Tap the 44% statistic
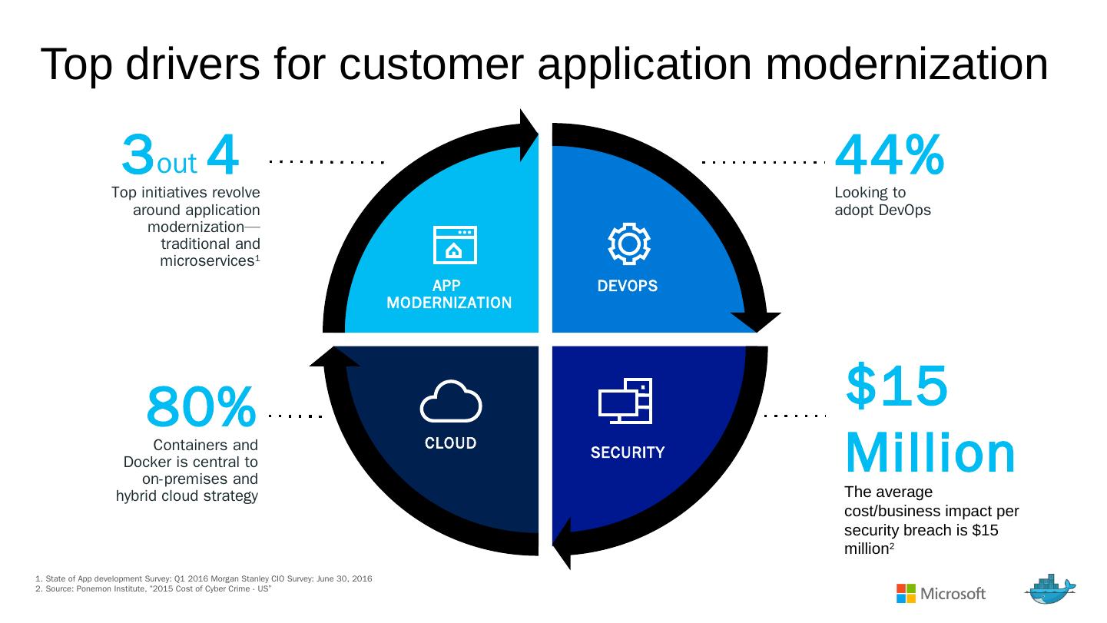889,155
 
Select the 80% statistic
201,407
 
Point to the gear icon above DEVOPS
628,244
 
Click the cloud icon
451,401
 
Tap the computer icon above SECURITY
625,401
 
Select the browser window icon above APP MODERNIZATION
455,245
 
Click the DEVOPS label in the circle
628,286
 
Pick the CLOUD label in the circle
451,443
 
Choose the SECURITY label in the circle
628,452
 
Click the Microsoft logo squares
906,593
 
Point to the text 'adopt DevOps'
883,210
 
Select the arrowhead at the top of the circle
529,134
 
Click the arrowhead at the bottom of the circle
563,542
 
